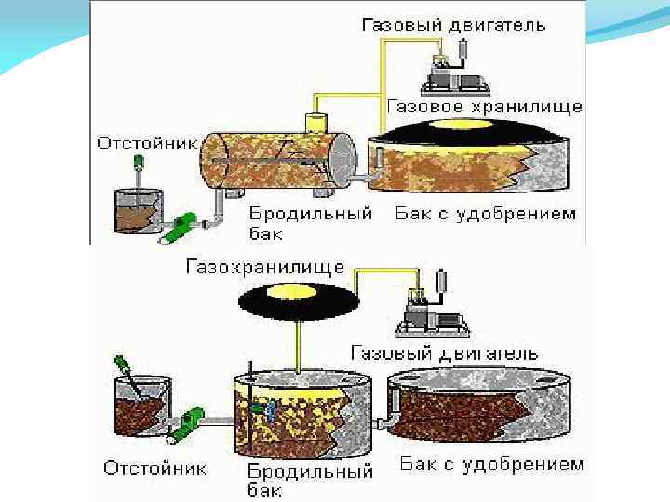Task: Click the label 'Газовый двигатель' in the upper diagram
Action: point(453,25)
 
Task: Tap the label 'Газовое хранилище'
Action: point(484,106)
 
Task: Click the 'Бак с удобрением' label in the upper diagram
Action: point(485,214)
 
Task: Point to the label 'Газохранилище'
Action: point(265,267)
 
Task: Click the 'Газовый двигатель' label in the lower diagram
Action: point(445,353)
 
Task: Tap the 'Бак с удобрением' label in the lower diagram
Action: point(491,464)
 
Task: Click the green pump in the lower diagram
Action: point(194,423)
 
